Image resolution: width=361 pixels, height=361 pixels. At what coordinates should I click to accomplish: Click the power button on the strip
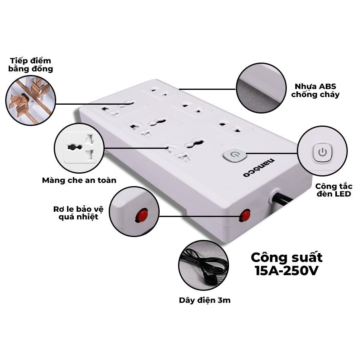(235, 155)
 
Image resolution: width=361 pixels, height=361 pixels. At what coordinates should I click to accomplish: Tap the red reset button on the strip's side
(245, 215)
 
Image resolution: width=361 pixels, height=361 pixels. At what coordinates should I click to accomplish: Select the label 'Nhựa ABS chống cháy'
(315, 91)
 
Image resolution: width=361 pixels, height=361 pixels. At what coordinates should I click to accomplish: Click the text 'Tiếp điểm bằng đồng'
(30, 65)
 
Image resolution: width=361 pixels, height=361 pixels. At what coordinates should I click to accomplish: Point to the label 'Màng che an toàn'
(79, 180)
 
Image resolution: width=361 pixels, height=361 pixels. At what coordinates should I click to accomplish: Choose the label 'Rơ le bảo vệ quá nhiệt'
(79, 213)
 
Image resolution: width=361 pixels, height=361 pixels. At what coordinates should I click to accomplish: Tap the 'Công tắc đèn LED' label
(334, 190)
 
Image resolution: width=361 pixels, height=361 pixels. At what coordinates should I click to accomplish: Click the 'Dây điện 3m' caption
(205, 300)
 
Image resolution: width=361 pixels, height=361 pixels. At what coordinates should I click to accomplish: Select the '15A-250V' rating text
(287, 271)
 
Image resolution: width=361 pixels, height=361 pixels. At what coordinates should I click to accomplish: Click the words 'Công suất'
(287, 258)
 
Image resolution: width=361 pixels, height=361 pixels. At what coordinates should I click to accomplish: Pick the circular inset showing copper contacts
(30, 100)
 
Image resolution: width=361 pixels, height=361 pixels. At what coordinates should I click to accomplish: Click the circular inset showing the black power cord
(203, 265)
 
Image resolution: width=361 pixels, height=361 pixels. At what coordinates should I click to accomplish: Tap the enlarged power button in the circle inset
(322, 152)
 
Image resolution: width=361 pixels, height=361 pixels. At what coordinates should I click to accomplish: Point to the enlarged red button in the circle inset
(141, 215)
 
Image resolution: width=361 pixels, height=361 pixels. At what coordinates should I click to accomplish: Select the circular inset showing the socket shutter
(79, 148)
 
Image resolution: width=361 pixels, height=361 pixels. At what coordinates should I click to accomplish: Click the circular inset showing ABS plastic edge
(261, 88)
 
